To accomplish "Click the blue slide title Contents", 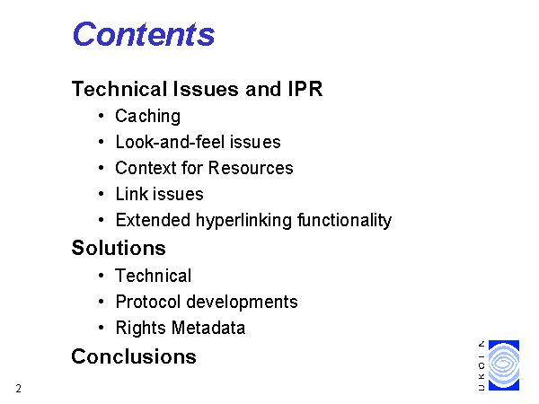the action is point(144,34).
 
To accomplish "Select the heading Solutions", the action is point(119,248).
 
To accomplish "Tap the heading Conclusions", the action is point(134,356).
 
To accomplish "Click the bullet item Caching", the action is point(148,117).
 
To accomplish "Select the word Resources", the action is point(251,168).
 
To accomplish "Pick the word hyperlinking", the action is point(244,221).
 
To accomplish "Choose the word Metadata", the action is point(208,328).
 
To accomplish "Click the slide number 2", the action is point(19,389).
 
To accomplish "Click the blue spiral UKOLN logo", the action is point(504,365).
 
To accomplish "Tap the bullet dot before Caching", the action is point(101,116).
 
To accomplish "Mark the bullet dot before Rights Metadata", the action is point(101,328).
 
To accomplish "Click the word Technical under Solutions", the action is point(154,276).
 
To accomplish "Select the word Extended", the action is point(153,220).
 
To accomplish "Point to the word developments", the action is point(242,303).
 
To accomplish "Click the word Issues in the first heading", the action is point(206,89).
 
